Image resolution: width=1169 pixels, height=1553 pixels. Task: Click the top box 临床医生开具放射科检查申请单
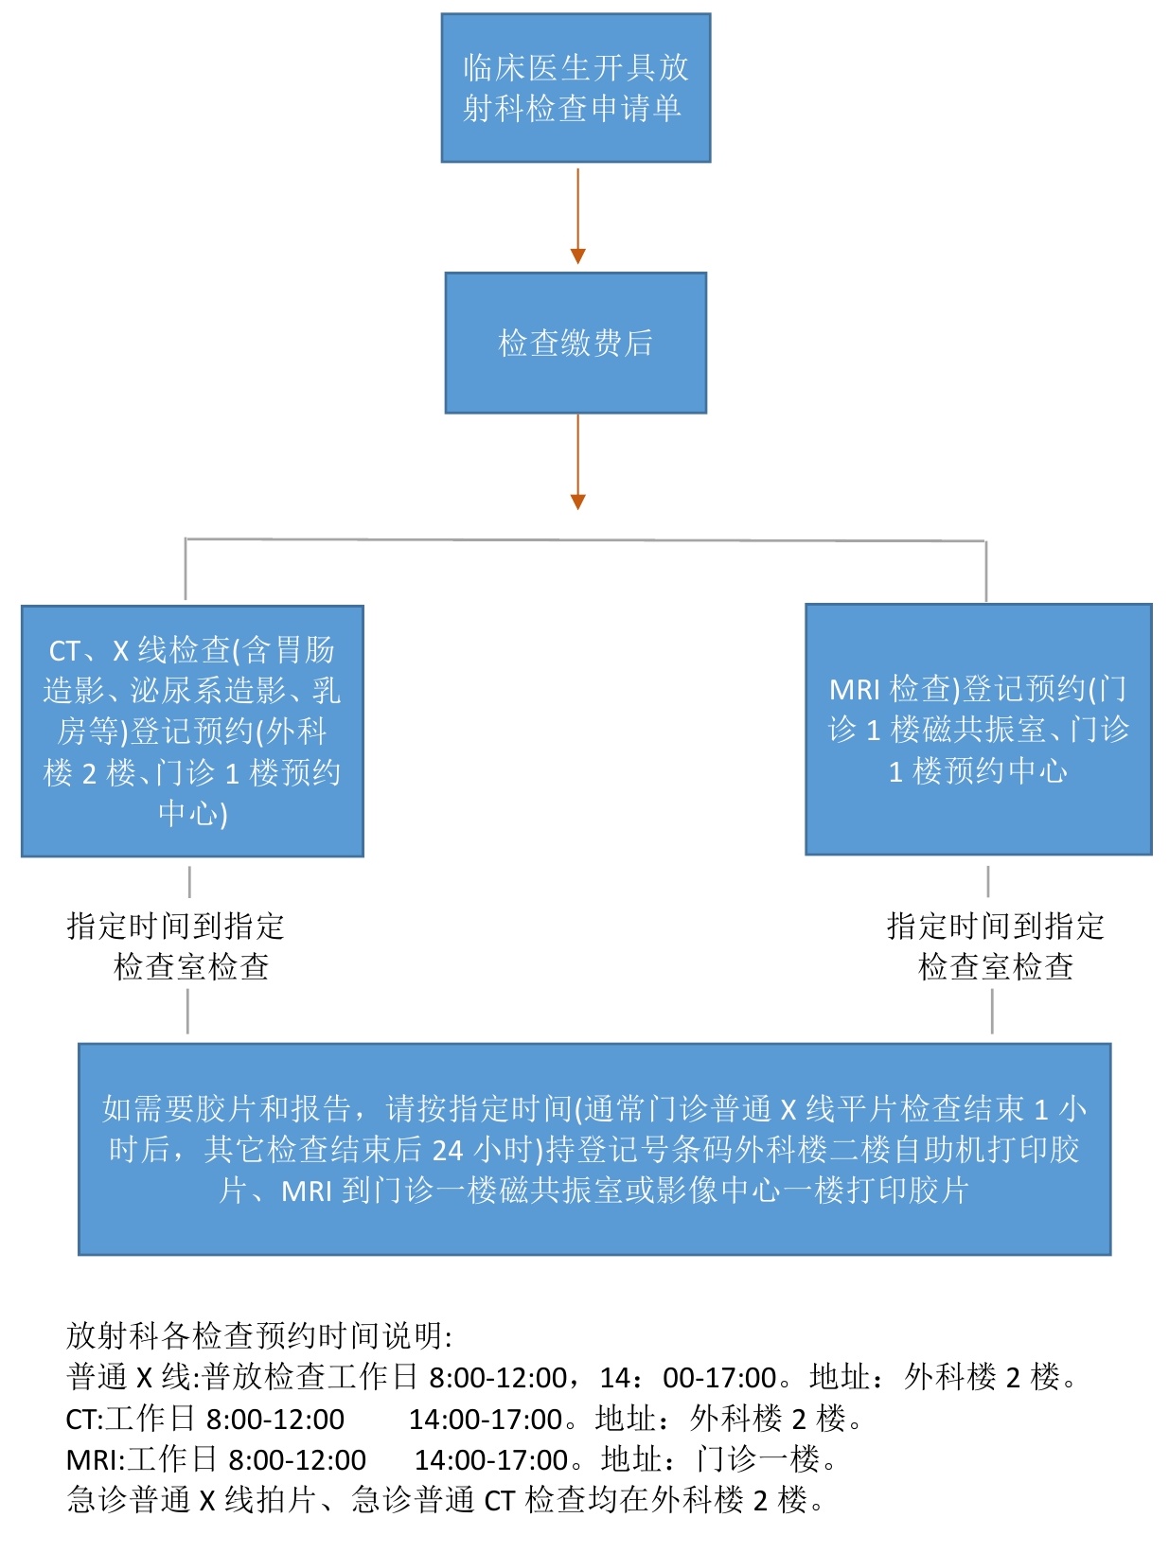[576, 88]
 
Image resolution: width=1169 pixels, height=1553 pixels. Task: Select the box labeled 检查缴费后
[576, 343]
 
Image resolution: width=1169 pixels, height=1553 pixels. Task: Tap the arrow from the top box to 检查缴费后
[577, 213]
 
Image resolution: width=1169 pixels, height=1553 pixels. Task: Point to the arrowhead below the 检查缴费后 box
[577, 502]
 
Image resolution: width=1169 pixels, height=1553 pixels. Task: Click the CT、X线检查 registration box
[192, 731]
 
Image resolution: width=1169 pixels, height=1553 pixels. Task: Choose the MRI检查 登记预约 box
[978, 729]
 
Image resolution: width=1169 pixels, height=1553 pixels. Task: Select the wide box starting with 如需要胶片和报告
[593, 1148]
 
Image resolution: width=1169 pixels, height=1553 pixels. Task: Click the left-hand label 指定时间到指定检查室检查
[177, 945]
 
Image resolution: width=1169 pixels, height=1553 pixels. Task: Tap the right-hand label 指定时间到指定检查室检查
[995, 945]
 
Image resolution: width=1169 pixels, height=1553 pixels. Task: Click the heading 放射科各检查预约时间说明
[258, 1335]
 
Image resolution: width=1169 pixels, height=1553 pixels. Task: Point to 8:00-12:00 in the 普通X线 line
[498, 1377]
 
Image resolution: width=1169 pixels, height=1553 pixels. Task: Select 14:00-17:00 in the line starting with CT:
[486, 1419]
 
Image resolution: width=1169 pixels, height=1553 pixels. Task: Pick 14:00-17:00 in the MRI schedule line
[491, 1459]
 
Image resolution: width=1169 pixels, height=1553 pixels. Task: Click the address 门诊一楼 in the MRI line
[757, 1459]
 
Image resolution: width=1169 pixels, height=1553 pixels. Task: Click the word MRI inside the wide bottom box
[307, 1191]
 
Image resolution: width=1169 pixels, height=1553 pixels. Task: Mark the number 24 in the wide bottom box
[448, 1150]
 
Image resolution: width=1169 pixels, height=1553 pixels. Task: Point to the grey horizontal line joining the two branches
[585, 540]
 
